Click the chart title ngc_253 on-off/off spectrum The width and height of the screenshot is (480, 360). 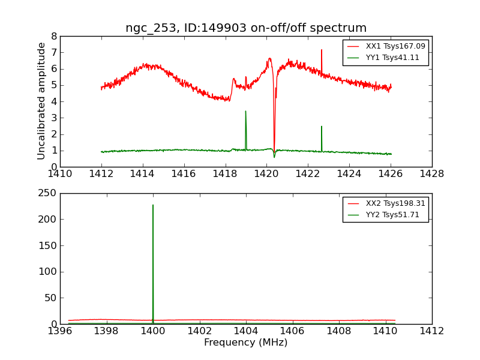click(245, 28)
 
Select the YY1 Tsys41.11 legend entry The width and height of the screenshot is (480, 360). click(392, 58)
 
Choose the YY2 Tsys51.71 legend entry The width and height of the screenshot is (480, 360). click(392, 215)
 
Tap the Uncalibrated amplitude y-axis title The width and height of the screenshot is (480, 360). click(41, 101)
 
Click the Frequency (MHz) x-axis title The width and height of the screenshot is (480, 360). click(245, 343)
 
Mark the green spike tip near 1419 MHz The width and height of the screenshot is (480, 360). click(245, 111)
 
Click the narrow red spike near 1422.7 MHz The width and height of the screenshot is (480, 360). click(322, 50)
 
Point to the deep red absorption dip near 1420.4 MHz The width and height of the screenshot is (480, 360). click(274, 150)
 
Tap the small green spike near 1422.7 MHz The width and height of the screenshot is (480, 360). click(322, 127)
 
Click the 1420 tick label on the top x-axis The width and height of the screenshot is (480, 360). click(266, 174)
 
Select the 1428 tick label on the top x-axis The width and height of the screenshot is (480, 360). click(431, 174)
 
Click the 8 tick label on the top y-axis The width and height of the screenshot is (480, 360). click(54, 36)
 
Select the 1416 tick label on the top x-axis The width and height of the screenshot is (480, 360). click(184, 174)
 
